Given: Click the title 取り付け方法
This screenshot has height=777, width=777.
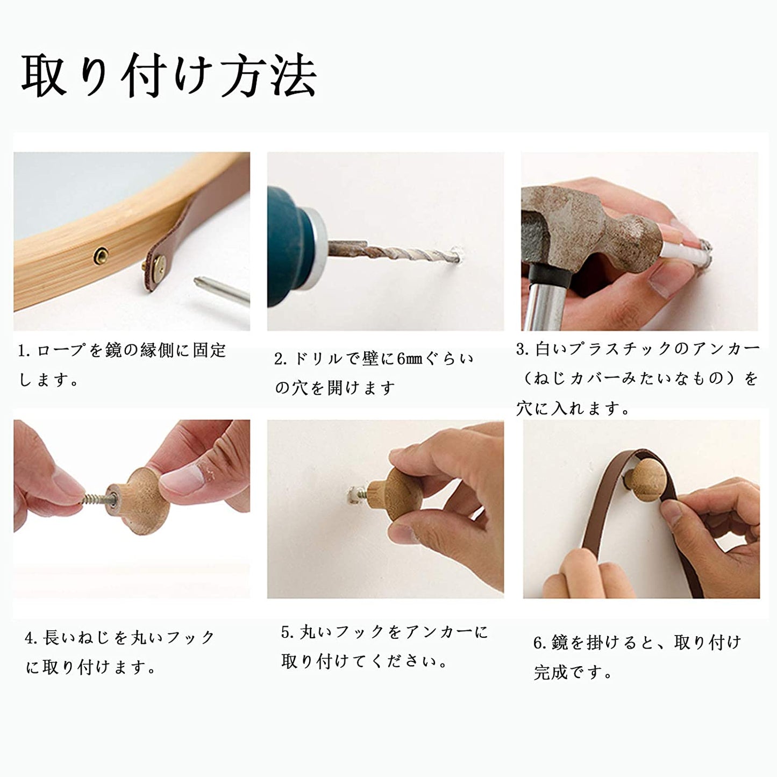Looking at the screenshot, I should [x=169, y=75].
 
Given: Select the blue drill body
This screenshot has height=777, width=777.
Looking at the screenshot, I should [x=288, y=245].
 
